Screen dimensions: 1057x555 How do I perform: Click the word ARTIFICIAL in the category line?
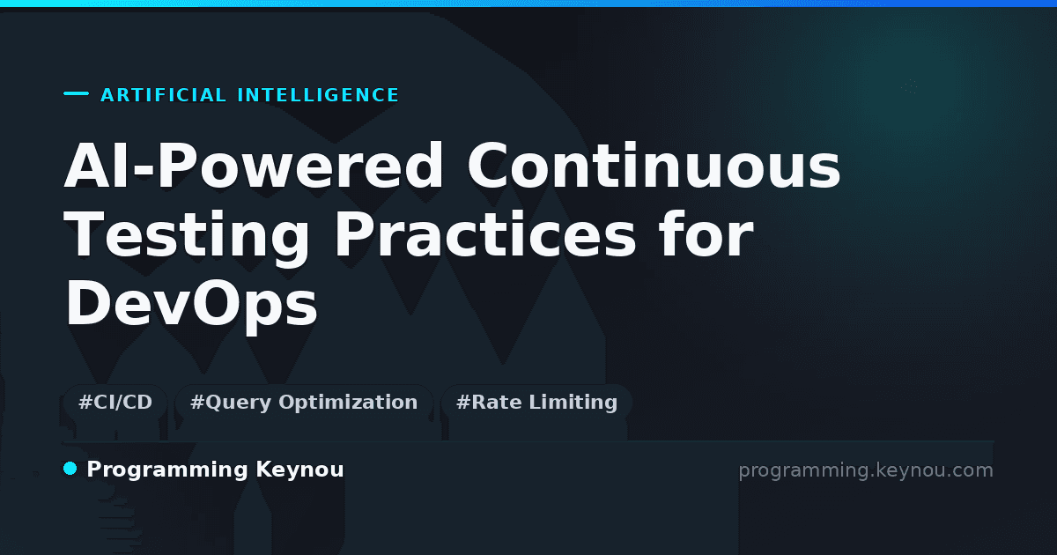tap(163, 95)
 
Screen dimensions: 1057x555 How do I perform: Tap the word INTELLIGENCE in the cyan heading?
tap(318, 95)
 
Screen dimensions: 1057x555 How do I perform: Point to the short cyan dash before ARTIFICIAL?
tap(76, 93)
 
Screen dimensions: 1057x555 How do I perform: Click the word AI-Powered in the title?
tap(254, 166)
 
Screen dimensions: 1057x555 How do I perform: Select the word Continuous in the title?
tap(654, 166)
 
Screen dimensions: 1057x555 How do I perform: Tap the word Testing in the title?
tap(187, 235)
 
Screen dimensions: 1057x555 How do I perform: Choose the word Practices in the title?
tap(485, 234)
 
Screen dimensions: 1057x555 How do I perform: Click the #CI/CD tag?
tap(115, 402)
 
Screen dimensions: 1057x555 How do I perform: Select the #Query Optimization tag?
tap(303, 402)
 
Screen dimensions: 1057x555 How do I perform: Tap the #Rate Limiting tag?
tap(536, 402)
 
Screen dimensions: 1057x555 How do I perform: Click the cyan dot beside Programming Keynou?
tap(70, 469)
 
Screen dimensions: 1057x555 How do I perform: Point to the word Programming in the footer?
tap(167, 470)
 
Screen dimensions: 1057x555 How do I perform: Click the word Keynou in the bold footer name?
tap(299, 470)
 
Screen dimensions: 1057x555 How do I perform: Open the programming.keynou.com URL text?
tap(866, 470)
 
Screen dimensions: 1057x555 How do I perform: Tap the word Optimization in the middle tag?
tap(348, 403)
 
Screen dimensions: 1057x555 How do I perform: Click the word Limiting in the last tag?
tap(573, 403)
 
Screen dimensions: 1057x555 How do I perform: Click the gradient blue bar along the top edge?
tap(528, 4)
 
